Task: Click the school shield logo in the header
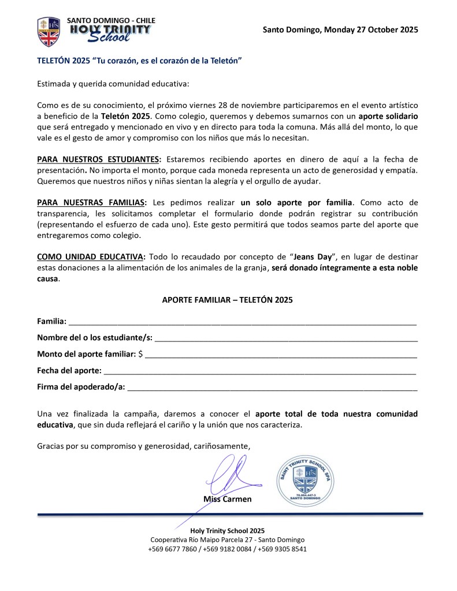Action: pos(49,31)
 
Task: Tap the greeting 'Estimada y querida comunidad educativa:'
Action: pos(113,84)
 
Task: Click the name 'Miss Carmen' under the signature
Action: pos(227,499)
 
